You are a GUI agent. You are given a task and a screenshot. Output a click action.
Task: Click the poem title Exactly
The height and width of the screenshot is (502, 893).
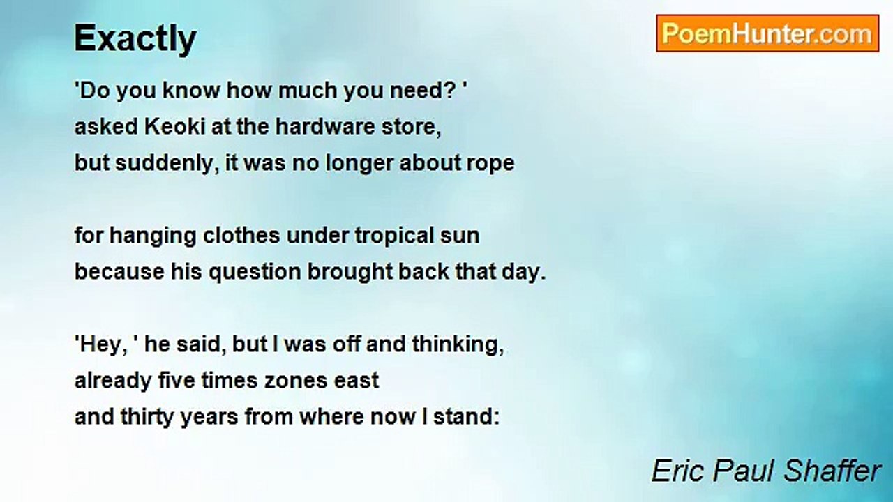[x=135, y=38]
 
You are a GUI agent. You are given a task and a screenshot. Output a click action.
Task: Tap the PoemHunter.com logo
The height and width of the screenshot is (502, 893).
[x=767, y=33]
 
